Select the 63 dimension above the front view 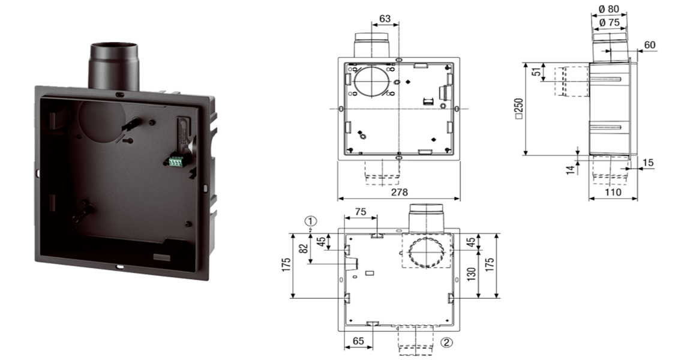[x=385, y=19]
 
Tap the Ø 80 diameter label [x=609, y=9]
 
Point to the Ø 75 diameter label [x=609, y=22]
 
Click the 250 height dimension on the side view [x=519, y=109]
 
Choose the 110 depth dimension [x=613, y=191]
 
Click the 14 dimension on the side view [x=571, y=169]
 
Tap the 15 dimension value [x=648, y=163]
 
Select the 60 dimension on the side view [x=650, y=45]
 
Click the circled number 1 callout [x=311, y=221]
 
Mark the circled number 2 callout [x=447, y=342]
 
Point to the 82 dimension [x=304, y=248]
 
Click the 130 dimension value [x=472, y=274]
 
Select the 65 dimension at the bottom [x=358, y=341]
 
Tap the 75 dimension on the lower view [x=361, y=212]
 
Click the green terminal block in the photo [x=176, y=162]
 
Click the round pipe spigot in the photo [x=114, y=66]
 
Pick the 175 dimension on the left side [x=286, y=266]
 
